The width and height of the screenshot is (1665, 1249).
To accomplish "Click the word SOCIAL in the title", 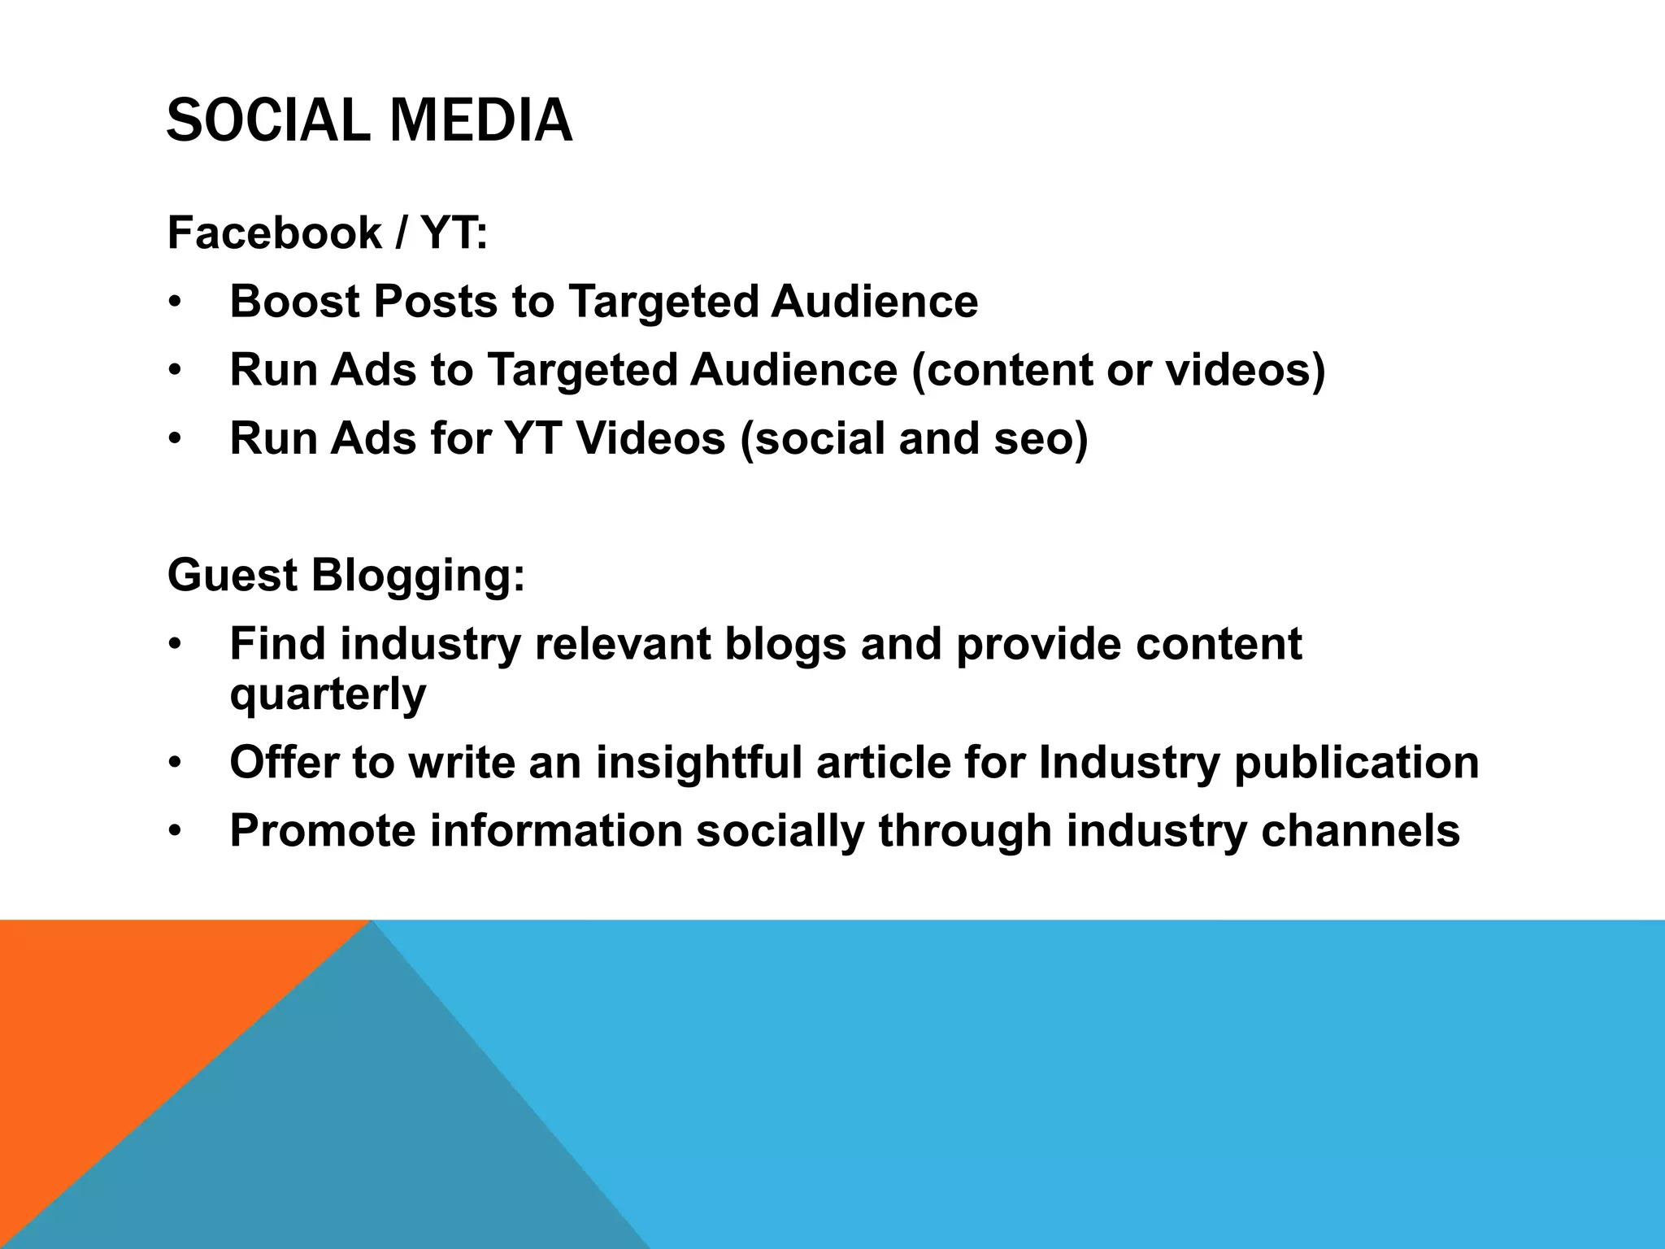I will point(269,120).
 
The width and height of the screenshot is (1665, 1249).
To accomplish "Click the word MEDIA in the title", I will point(481,120).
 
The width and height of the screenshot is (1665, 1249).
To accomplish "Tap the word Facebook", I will point(275,233).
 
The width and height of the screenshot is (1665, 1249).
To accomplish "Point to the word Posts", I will point(435,302).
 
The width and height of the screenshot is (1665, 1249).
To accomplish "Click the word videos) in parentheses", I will point(1245,370).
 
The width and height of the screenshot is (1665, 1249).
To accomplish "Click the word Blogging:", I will point(419,577).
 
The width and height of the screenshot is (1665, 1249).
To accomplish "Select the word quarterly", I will point(328,695).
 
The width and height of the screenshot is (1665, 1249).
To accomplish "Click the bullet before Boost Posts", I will point(174,303).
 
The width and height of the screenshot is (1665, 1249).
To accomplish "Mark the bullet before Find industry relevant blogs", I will point(174,646).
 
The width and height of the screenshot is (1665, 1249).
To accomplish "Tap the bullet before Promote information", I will point(174,833).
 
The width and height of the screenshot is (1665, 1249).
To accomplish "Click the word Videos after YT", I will point(650,438).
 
